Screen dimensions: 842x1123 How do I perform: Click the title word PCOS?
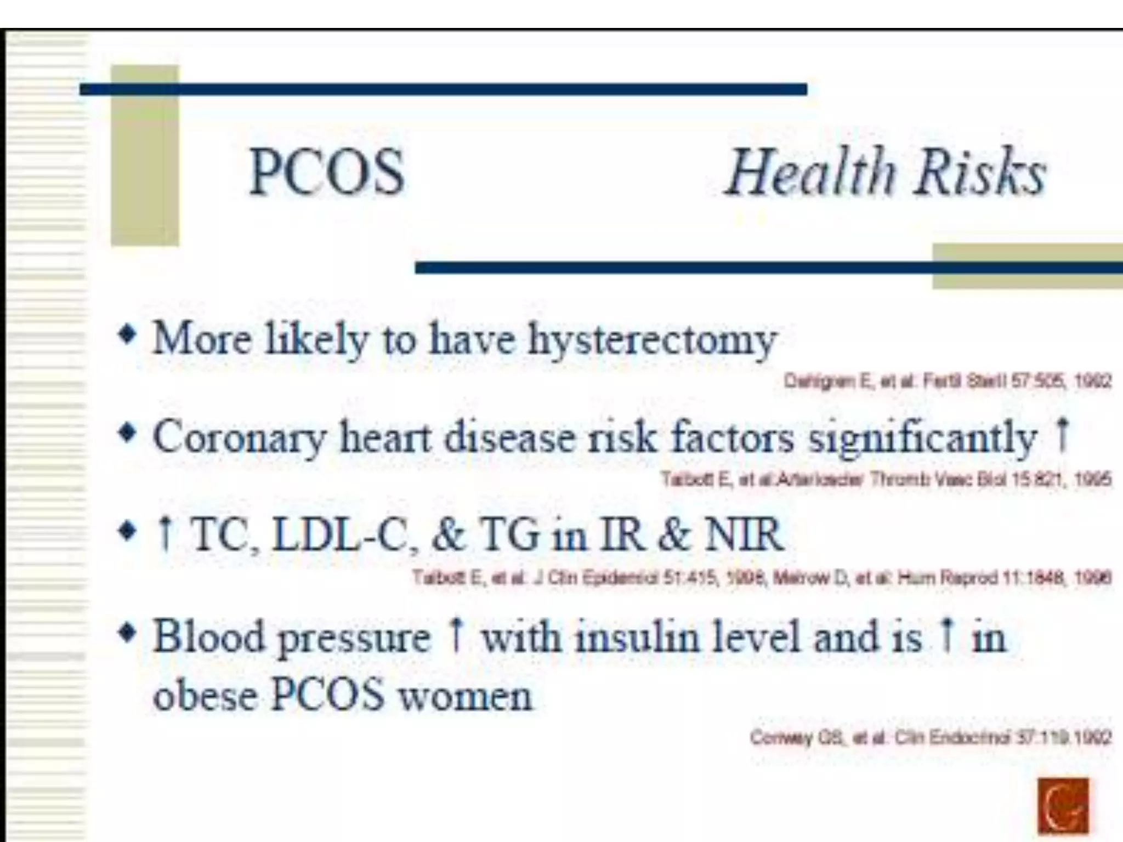pyautogui.click(x=327, y=172)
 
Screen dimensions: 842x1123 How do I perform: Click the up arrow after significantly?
pyautogui.click(x=1063, y=434)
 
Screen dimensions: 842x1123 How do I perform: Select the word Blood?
pyautogui.click(x=208, y=637)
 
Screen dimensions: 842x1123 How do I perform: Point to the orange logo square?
pyautogui.click(x=1063, y=805)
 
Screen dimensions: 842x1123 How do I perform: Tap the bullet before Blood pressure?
pyautogui.click(x=127, y=634)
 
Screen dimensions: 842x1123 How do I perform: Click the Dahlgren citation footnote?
pyautogui.click(x=948, y=380)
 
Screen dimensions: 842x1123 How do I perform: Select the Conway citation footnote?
pyautogui.click(x=931, y=738)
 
